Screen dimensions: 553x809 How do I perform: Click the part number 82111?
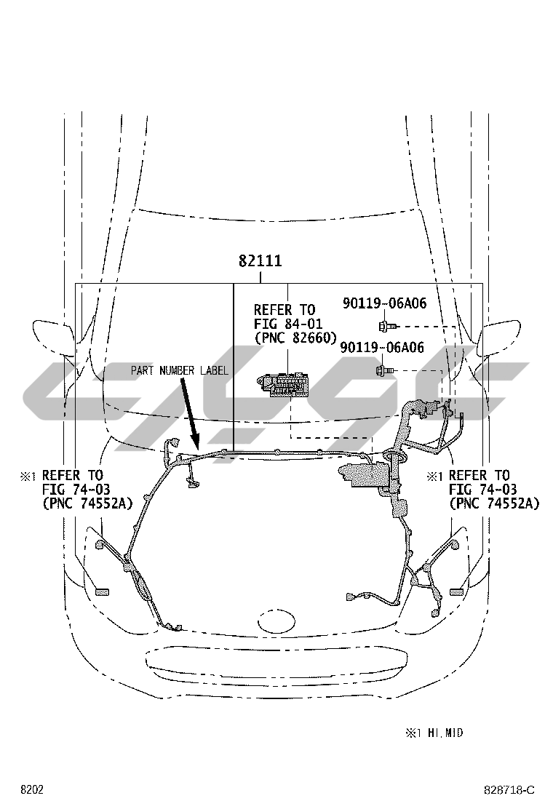[x=260, y=261]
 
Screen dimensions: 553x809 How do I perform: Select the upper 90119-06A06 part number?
[x=385, y=303]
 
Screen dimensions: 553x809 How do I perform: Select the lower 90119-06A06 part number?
[x=382, y=348]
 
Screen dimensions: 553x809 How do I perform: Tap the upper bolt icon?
[x=387, y=326]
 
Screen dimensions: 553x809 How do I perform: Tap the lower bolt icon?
[x=385, y=370]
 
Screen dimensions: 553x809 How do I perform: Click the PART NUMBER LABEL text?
[x=179, y=370]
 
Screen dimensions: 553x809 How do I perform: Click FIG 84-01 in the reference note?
[x=288, y=324]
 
